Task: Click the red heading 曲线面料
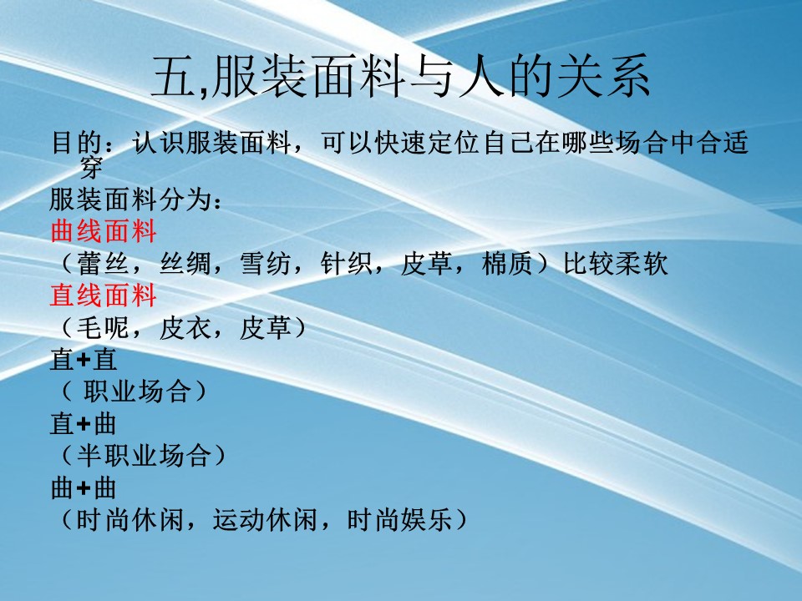point(103,232)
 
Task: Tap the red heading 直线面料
point(103,295)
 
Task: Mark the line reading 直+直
point(84,360)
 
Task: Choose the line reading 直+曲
point(84,424)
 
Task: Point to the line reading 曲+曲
point(84,488)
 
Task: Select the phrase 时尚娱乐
point(400,520)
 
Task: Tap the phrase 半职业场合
point(144,456)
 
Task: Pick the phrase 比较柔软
point(616,265)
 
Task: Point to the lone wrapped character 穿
point(91,167)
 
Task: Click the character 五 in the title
point(173,77)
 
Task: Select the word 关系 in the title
point(603,77)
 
